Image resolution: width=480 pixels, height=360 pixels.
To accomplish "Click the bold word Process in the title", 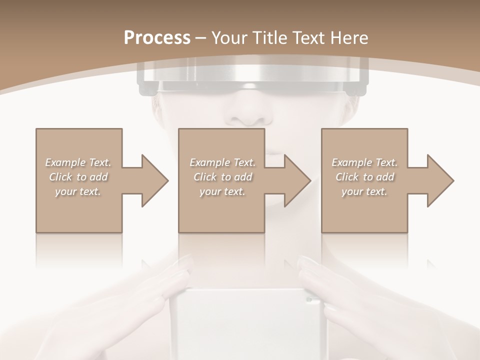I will pyautogui.click(x=157, y=38).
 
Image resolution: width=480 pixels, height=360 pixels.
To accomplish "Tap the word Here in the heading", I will pyautogui.click(x=350, y=38).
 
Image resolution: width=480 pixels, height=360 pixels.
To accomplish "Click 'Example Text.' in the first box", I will pyautogui.click(x=78, y=162).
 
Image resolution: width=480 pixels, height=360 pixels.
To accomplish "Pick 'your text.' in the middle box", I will pyautogui.click(x=222, y=191).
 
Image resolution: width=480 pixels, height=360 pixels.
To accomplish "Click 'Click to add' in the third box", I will pyautogui.click(x=364, y=177).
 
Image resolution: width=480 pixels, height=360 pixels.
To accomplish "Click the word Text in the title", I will pyautogui.click(x=305, y=38).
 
